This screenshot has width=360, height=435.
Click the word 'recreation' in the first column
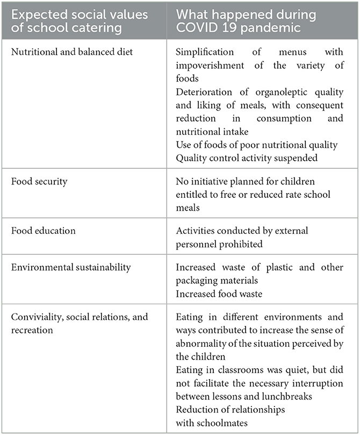click(32, 329)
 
